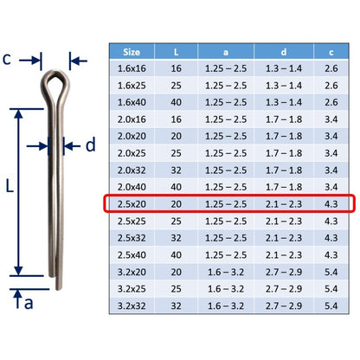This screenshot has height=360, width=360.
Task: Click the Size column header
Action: coord(132,52)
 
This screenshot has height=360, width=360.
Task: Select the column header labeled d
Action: coord(284,52)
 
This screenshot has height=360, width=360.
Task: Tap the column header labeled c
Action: coord(331,52)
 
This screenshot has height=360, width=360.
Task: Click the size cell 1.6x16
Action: coord(132,68)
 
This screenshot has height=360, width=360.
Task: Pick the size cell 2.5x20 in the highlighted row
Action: coord(132,204)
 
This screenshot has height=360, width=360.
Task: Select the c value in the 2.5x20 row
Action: coord(331,204)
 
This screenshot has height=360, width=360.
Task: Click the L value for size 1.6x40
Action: coord(177,102)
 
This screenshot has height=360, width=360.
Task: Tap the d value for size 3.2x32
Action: coord(284,305)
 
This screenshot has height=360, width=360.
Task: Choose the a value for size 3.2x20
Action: coord(226,272)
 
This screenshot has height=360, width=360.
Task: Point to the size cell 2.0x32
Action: coord(132,170)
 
